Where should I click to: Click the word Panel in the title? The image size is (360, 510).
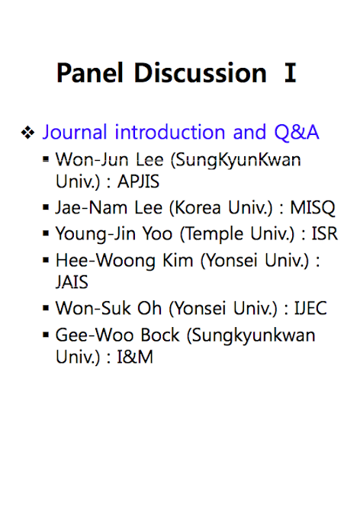(x=90, y=72)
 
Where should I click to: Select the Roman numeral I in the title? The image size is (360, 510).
(x=290, y=72)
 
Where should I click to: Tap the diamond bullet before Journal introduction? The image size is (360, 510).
(x=27, y=133)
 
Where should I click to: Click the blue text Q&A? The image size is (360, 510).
(x=296, y=133)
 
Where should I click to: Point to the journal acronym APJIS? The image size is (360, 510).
(x=138, y=181)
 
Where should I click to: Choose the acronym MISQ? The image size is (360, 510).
(x=312, y=208)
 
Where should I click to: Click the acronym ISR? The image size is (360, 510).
(x=324, y=233)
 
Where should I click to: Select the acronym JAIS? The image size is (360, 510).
(x=72, y=281)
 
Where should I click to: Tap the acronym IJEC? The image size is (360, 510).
(x=310, y=308)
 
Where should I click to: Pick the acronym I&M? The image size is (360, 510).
(x=135, y=357)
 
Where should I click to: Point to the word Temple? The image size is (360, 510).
(x=215, y=234)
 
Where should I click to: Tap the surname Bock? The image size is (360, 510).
(x=160, y=335)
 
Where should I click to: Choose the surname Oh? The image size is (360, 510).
(x=149, y=308)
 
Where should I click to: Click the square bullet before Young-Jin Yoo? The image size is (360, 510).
(x=46, y=233)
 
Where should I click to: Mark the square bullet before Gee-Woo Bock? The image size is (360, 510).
(x=46, y=335)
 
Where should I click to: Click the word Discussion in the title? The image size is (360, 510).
(x=201, y=72)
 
